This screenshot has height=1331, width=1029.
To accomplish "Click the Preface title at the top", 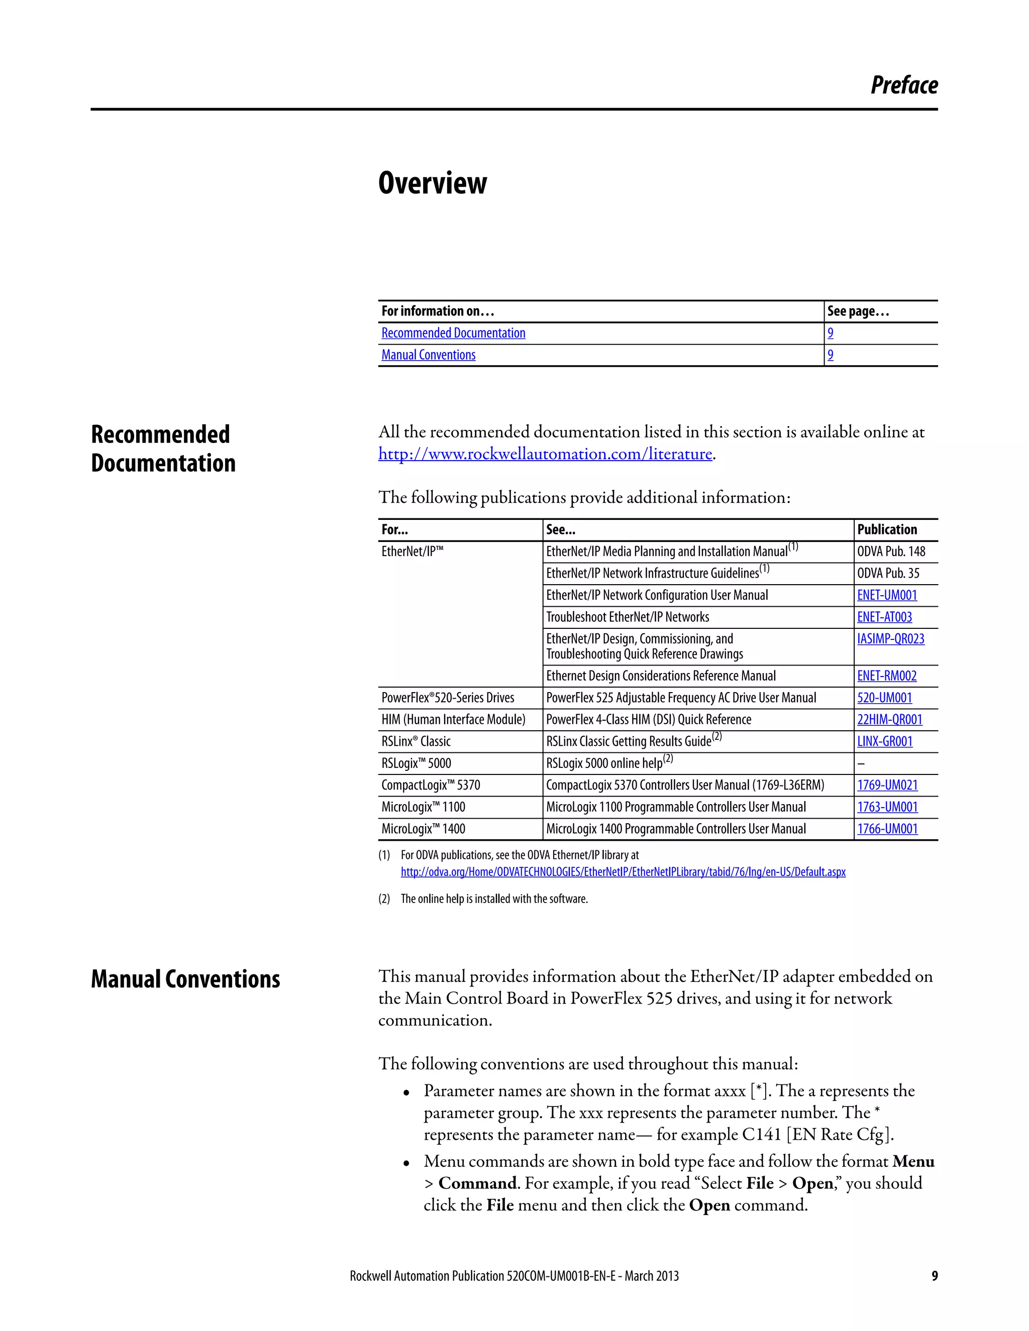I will tap(903, 85).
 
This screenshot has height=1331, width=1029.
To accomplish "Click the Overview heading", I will tap(432, 183).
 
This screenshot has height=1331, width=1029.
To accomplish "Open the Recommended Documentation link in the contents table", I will tap(453, 334).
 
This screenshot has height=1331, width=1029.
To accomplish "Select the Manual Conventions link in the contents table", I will tap(428, 355).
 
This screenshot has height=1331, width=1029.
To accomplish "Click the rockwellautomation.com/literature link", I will tap(545, 454).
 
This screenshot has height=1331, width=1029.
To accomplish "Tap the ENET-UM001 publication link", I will tap(886, 595).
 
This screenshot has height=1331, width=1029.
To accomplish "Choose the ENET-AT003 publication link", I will tap(884, 617).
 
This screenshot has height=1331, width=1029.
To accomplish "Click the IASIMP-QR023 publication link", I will tap(890, 639).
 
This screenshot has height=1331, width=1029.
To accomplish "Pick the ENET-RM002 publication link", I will tap(886, 676).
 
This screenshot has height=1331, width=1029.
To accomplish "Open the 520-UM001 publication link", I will tap(884, 698).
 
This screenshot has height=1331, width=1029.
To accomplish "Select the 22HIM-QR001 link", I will tap(889, 720).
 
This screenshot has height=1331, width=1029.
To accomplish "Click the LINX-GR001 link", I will tap(884, 742).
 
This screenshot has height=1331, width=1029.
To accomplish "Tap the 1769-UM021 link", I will tap(887, 786).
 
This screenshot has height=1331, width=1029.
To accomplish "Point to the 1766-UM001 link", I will tap(887, 829).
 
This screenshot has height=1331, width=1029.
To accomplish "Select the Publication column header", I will tap(886, 529).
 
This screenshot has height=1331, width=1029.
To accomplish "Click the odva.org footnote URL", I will tap(623, 872).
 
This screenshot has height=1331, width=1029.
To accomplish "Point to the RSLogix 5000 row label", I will tap(416, 763).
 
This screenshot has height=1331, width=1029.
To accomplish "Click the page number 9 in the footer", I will tap(934, 1276).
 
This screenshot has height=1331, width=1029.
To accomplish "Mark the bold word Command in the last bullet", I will tap(477, 1183).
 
